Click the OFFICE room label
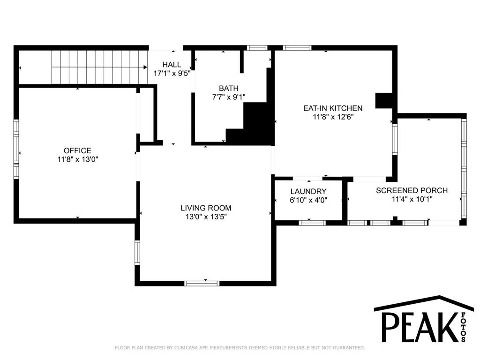(x=77, y=150)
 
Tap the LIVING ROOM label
(x=206, y=208)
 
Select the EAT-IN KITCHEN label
(x=333, y=108)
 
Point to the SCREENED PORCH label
(x=412, y=190)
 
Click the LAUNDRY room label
(x=308, y=192)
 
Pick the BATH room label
(x=229, y=89)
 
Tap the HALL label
(x=172, y=65)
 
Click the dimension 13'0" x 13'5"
(x=206, y=217)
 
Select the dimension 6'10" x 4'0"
(x=308, y=200)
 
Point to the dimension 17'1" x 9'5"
(x=172, y=74)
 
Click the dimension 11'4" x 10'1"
(x=412, y=199)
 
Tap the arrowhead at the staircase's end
(x=145, y=67)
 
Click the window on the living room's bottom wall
(x=202, y=283)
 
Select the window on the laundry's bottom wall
(x=312, y=223)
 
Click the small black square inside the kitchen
(x=384, y=100)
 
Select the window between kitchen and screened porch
(x=395, y=139)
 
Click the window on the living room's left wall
(x=137, y=253)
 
